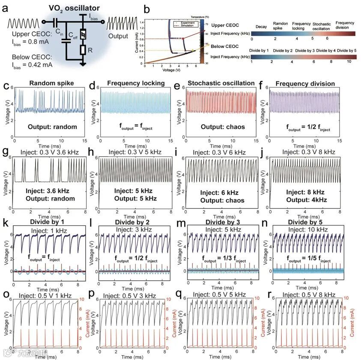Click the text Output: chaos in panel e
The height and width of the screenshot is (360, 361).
[x=215, y=126]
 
